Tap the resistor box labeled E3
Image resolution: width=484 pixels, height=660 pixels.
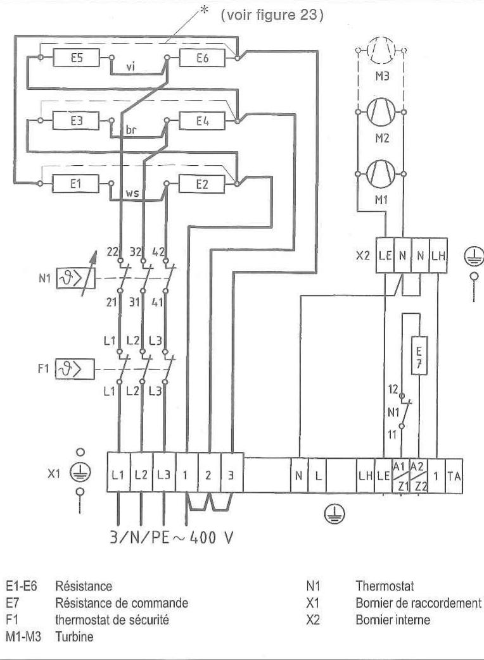click(x=76, y=120)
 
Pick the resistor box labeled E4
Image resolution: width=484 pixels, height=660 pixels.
click(x=202, y=120)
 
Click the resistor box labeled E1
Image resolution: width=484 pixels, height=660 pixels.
click(x=76, y=183)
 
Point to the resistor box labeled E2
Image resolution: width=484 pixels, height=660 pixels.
click(x=202, y=183)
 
